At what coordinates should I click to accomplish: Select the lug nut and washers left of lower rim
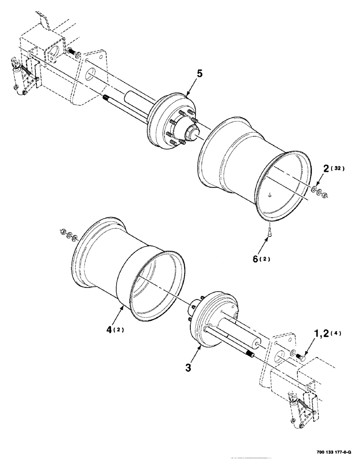[67, 234]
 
